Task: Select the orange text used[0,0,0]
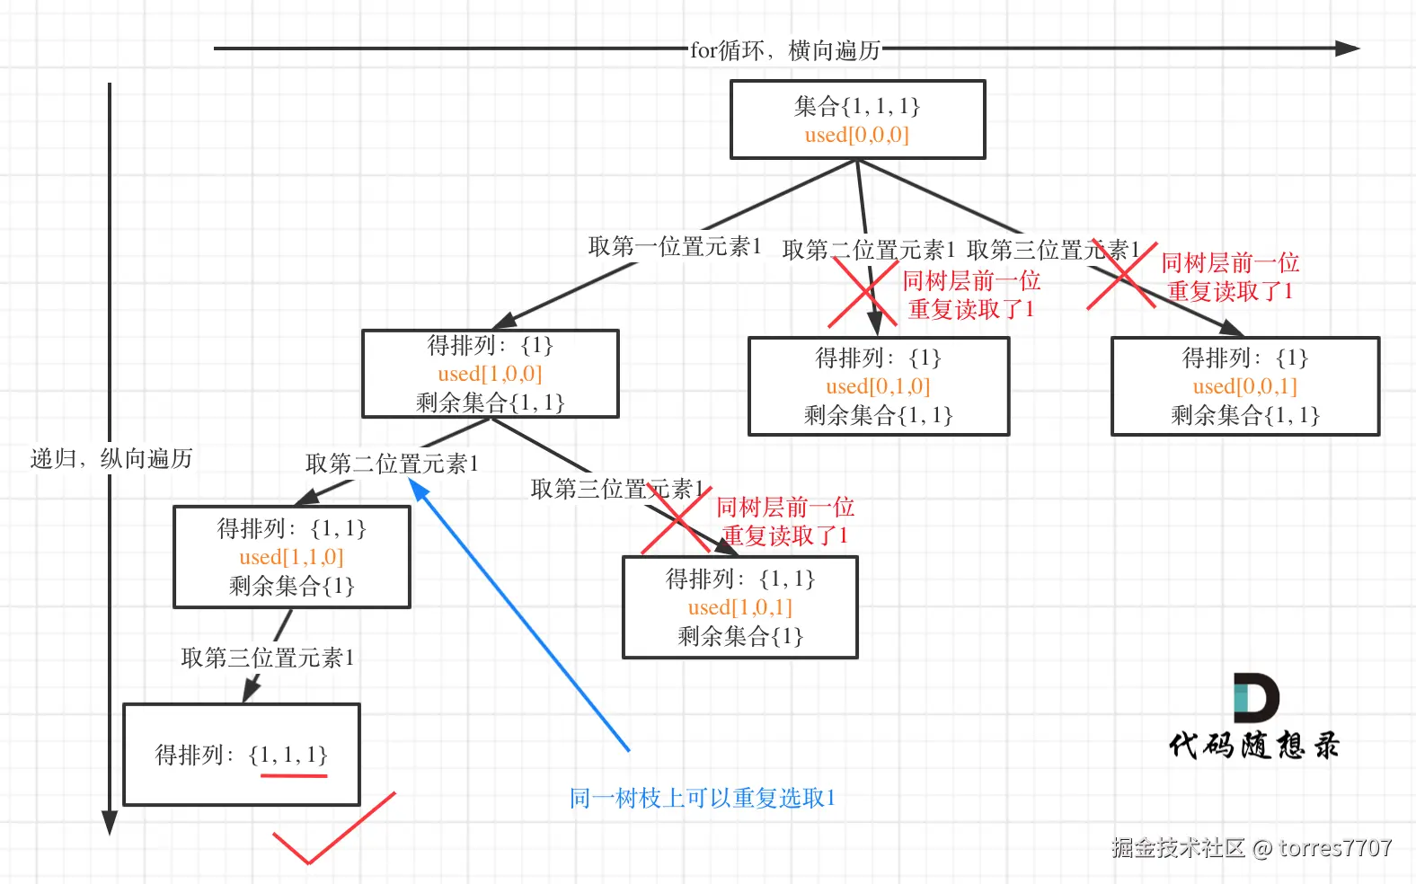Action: click(856, 136)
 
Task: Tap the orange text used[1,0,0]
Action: click(490, 374)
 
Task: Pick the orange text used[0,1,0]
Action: click(878, 386)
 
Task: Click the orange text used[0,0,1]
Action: click(1244, 386)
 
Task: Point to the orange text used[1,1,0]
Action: click(291, 557)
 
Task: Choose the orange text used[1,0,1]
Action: click(739, 607)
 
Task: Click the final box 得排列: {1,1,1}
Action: click(241, 754)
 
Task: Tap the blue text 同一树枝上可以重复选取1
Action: click(702, 798)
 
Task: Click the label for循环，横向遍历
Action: click(784, 50)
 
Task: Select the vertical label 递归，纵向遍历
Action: click(111, 459)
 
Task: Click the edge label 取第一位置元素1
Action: click(675, 246)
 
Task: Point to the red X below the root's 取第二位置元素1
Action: click(863, 292)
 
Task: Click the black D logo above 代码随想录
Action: click(1255, 697)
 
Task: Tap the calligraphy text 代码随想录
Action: click(1253, 746)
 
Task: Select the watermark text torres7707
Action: click(1335, 847)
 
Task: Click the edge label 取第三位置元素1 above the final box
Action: click(268, 658)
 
